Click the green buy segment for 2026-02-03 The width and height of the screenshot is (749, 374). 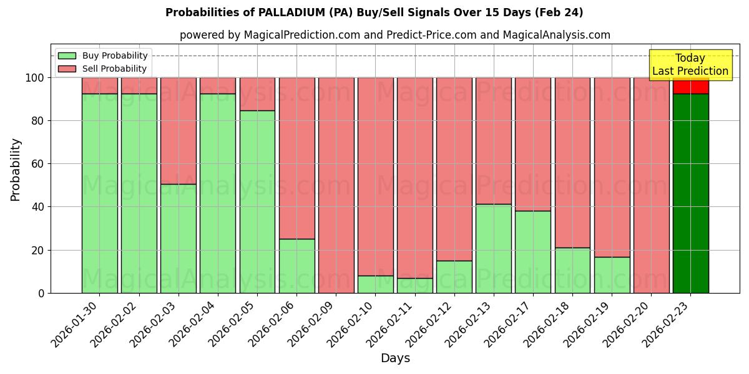coord(179,238)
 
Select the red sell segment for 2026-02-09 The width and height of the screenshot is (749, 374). coord(336,185)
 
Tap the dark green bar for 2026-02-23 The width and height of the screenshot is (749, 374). coord(690,193)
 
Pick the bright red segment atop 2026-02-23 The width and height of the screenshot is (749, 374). coord(690,87)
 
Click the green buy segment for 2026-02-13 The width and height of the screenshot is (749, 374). coord(493,248)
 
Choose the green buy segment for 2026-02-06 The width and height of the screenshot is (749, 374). coord(296,266)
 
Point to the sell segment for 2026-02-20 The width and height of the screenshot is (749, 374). coord(651,185)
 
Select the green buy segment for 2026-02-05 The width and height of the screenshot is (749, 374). coord(257,201)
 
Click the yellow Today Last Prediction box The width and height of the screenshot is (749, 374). coord(690,65)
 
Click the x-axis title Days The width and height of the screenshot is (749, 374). coord(395,358)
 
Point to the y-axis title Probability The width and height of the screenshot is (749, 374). coord(16,170)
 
